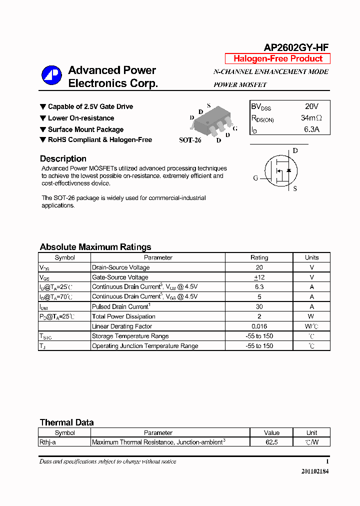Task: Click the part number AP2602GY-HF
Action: point(296,47)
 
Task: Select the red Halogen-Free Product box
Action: point(277,58)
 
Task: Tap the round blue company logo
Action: point(51,75)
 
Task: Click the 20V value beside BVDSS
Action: point(311,106)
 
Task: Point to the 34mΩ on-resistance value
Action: point(311,118)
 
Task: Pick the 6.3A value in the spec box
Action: point(311,130)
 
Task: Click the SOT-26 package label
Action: point(190,140)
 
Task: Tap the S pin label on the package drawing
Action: point(208,106)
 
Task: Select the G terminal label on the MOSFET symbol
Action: point(255,178)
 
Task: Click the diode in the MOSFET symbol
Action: point(288,171)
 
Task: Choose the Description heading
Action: point(63,159)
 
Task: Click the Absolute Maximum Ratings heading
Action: point(95,247)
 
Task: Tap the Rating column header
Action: point(259,257)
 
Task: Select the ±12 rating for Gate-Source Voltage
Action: point(259,277)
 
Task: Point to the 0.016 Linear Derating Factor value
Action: point(259,326)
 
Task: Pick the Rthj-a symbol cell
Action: point(51,442)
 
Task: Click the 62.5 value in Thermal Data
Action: point(272,442)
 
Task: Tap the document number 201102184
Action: point(315,471)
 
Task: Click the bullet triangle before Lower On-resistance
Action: point(42,118)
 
